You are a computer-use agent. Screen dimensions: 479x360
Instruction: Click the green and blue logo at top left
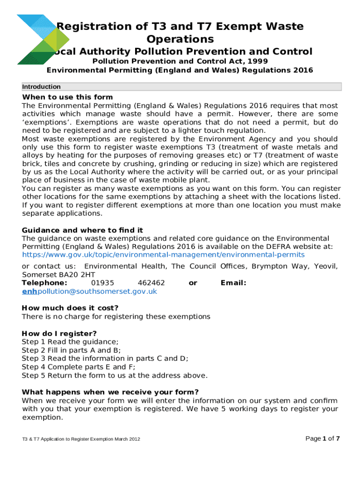(x=36, y=39)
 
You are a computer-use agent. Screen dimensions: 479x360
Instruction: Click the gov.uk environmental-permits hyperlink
(x=163, y=254)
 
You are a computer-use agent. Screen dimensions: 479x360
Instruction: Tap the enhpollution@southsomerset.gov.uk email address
(x=89, y=291)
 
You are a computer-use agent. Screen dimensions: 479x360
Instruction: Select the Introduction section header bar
(x=181, y=87)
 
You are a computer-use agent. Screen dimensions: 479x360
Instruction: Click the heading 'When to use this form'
(x=67, y=97)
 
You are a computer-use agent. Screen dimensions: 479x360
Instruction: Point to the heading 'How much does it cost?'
(x=70, y=308)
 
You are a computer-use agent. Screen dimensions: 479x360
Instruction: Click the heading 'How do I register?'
(x=59, y=334)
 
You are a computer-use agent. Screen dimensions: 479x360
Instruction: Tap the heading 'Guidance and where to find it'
(x=82, y=230)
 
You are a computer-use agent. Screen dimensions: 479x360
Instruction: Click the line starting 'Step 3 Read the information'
(x=105, y=359)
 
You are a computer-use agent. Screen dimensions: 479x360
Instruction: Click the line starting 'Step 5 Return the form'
(x=115, y=376)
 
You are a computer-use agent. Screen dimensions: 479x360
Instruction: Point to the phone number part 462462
(x=151, y=283)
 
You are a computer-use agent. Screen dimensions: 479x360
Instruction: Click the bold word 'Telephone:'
(x=44, y=283)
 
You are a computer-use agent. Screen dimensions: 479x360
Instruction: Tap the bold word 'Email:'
(x=233, y=283)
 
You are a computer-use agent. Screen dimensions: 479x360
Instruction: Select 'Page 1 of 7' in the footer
(x=322, y=438)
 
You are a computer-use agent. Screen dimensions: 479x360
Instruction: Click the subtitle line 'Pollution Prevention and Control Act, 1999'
(x=180, y=61)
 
